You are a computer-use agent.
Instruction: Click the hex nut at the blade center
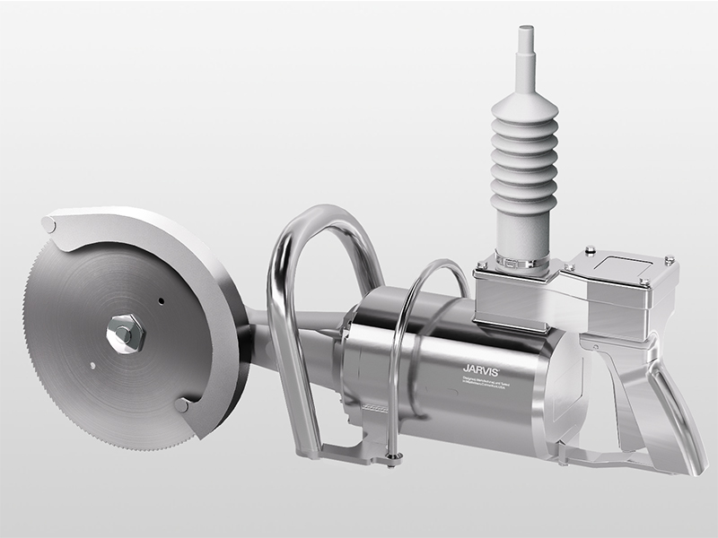(125, 334)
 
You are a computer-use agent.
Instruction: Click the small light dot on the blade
(92, 364)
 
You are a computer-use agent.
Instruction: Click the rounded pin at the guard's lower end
(181, 405)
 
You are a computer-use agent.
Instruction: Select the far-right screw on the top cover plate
(669, 260)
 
